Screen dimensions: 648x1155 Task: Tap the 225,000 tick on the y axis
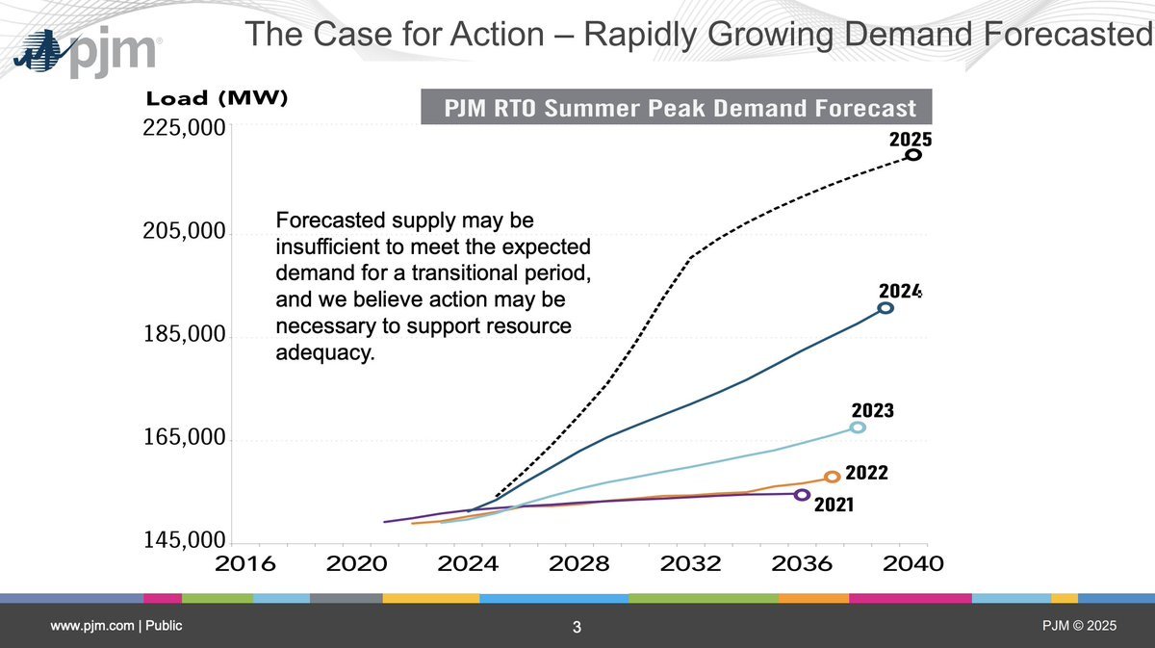[x=183, y=128]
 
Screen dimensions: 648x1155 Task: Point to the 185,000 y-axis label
[x=183, y=337]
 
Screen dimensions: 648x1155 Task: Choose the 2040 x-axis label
[x=908, y=563]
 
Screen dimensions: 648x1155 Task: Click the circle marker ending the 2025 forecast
[x=913, y=154]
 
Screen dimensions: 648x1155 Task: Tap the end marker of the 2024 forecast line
[x=885, y=308]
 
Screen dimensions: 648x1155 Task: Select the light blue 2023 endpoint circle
[x=858, y=428]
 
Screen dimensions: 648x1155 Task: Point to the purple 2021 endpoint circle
[x=803, y=495]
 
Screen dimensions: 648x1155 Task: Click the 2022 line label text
[x=866, y=474]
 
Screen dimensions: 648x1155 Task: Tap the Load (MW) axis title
[x=217, y=98]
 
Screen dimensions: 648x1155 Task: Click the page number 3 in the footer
[x=577, y=629]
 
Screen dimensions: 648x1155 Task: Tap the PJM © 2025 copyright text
[x=1079, y=627]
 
